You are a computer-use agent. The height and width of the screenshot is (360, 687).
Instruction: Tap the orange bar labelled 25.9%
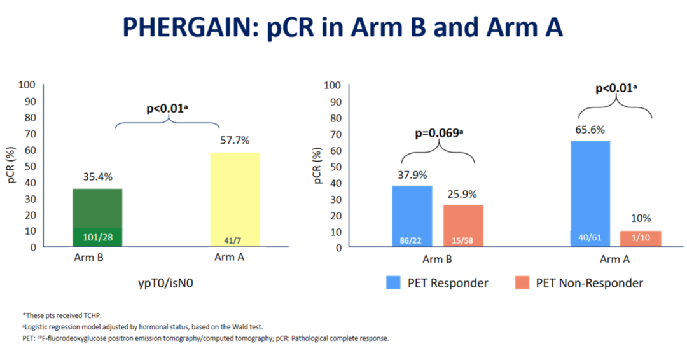pyautogui.click(x=462, y=225)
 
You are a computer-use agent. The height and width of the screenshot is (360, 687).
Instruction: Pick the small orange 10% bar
pyautogui.click(x=641, y=239)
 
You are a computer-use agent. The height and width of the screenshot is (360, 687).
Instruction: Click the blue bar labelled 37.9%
pyautogui.click(x=412, y=216)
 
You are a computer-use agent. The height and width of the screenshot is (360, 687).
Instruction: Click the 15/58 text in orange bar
pyautogui.click(x=462, y=241)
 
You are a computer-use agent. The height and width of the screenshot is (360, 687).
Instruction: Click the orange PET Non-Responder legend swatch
pyautogui.click(x=523, y=283)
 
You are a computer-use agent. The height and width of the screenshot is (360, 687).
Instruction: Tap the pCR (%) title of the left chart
pyautogui.click(x=11, y=167)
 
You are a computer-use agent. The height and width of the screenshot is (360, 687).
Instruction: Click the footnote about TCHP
pyautogui.click(x=62, y=315)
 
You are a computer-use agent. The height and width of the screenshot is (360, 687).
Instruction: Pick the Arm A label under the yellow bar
pyautogui.click(x=229, y=258)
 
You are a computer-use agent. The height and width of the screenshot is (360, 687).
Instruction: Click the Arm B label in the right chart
pyautogui.click(x=437, y=259)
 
